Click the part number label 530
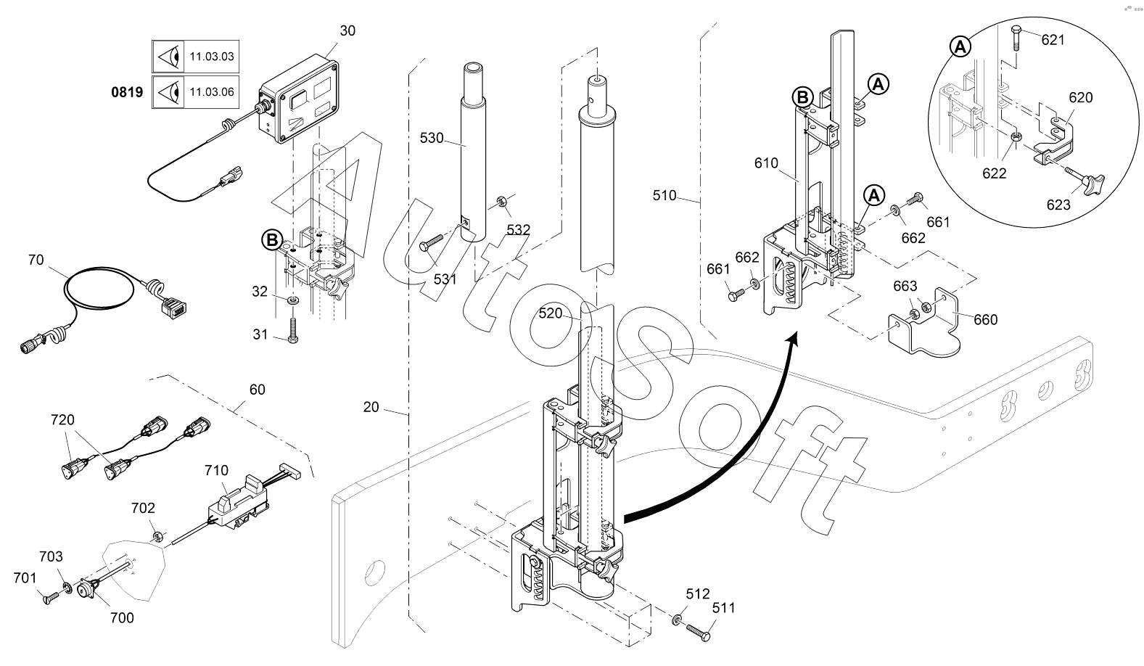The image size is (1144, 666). coord(432,138)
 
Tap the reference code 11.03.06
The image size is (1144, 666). coord(212,92)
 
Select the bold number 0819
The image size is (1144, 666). coord(127,92)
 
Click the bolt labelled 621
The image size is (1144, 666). coord(1016,37)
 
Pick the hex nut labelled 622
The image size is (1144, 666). coord(1016,136)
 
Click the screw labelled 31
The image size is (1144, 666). coord(292,330)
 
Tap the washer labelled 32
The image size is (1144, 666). coord(293,300)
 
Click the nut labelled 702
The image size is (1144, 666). coord(158,536)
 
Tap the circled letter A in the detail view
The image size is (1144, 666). coord(960,47)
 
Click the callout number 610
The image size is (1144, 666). coord(766,163)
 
